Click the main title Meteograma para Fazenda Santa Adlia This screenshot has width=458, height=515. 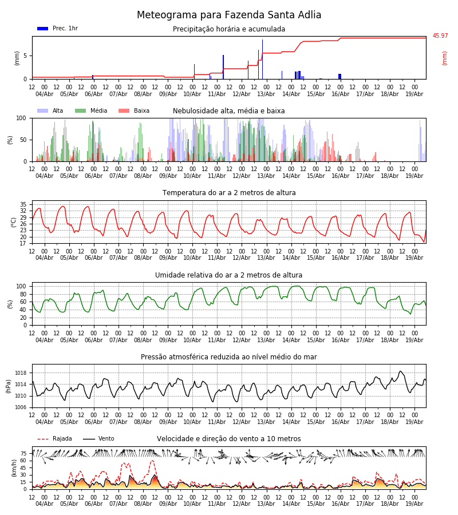(x=229, y=15)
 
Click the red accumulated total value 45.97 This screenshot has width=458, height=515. (x=440, y=36)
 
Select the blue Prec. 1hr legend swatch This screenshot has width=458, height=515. (x=43, y=29)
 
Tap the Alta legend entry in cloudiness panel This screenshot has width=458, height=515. (x=50, y=110)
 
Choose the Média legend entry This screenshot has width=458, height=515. (x=92, y=110)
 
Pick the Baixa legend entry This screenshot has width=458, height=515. (x=134, y=110)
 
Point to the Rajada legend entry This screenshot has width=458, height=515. (x=54, y=439)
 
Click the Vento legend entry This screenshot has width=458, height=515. (x=98, y=439)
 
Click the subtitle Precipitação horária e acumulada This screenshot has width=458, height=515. (x=229, y=29)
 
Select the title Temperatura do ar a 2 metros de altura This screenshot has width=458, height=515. (x=229, y=193)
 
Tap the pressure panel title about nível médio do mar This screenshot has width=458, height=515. (x=229, y=357)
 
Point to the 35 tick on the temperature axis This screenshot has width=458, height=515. (x=23, y=204)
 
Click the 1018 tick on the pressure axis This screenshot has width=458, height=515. (x=21, y=373)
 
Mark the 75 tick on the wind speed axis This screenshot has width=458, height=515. (x=23, y=454)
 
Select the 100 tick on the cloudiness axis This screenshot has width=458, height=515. (x=21, y=118)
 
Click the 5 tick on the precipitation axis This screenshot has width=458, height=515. (x=25, y=56)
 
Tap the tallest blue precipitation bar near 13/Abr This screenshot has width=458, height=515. (x=263, y=60)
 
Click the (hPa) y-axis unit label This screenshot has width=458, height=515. (x=9, y=386)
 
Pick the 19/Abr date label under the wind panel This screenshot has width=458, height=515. (x=414, y=504)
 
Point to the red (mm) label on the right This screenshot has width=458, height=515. (x=444, y=58)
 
